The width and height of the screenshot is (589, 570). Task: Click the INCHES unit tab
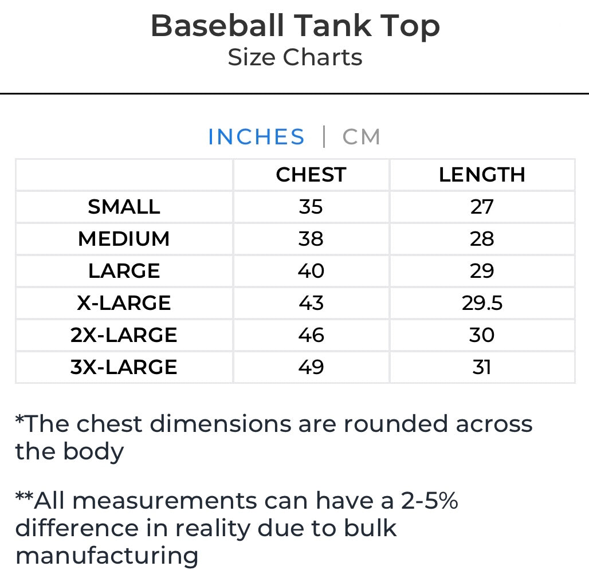[256, 137]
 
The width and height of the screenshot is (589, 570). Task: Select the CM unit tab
[362, 137]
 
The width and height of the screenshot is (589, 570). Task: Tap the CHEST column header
[311, 175]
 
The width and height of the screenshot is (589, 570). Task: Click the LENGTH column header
[482, 175]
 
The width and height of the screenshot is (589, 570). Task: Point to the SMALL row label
[124, 207]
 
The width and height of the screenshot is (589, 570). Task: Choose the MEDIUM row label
[124, 239]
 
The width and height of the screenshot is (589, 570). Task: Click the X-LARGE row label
[124, 303]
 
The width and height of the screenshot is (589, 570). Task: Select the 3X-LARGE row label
[124, 367]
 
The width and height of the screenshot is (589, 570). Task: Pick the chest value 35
[311, 207]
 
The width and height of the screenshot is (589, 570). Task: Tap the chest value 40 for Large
[311, 271]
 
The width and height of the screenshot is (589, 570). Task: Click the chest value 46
[311, 335]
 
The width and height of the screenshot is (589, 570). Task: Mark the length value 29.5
[482, 303]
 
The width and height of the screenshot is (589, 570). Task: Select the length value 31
[482, 367]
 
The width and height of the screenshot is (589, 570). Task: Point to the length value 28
[482, 239]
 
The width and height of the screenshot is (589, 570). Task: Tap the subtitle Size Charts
[294, 57]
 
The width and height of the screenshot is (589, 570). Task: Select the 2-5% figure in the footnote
[429, 501]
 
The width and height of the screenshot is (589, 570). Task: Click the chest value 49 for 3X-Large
[311, 367]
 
